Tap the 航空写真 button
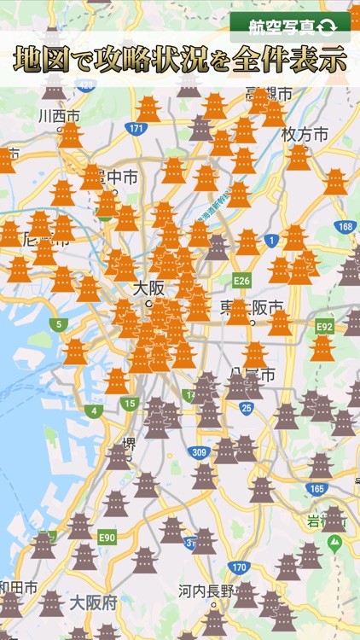click(290, 27)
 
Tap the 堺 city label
click(130, 444)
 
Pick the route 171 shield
click(135, 129)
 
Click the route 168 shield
click(345, 226)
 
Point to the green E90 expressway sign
click(107, 537)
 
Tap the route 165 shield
click(316, 489)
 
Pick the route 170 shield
click(240, 567)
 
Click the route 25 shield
click(246, 408)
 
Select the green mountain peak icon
click(334, 541)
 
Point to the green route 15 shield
click(129, 404)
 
